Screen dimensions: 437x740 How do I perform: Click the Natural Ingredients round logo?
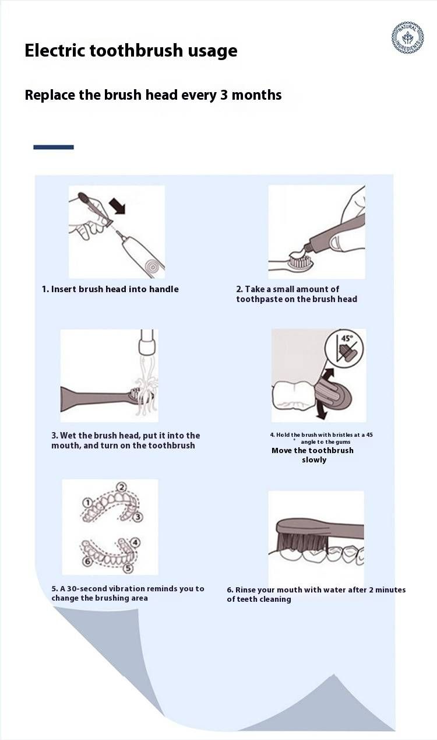[x=408, y=38]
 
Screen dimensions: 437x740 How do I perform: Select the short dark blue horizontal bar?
[x=54, y=147]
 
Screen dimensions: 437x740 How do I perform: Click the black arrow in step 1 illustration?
[x=118, y=205]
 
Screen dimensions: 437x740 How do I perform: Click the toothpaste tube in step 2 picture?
[x=334, y=233]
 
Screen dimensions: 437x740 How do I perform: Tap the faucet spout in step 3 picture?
[x=147, y=342]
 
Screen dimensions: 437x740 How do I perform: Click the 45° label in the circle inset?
[x=347, y=338]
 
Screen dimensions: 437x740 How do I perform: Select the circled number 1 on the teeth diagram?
[x=87, y=503]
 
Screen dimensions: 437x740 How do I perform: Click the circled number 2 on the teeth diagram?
[x=122, y=488]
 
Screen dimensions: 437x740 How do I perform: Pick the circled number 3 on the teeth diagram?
[x=138, y=517]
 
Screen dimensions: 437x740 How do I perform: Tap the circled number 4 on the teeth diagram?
[x=135, y=542]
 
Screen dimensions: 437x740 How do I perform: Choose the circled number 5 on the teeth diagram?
[x=128, y=567]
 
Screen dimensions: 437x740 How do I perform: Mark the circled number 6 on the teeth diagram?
[x=87, y=561]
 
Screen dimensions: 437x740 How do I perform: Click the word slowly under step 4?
[x=314, y=460]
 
